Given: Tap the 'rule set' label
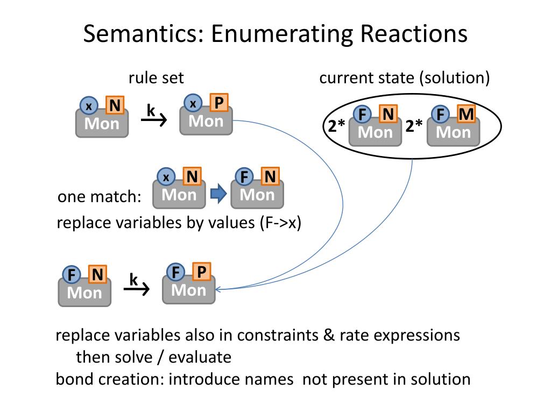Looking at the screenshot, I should (x=156, y=78).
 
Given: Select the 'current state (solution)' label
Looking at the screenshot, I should (x=405, y=78).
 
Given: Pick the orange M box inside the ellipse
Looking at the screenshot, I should (x=466, y=114).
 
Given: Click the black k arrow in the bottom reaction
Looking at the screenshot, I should (x=136, y=289).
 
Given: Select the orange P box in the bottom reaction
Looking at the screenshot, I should (x=201, y=272).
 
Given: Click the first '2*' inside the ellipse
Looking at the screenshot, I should (x=337, y=127).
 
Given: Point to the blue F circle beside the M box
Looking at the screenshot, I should (x=441, y=115).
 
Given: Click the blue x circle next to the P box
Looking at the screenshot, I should (x=193, y=103).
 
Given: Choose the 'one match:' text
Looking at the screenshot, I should (x=99, y=197).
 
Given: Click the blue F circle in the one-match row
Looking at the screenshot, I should (x=244, y=176).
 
